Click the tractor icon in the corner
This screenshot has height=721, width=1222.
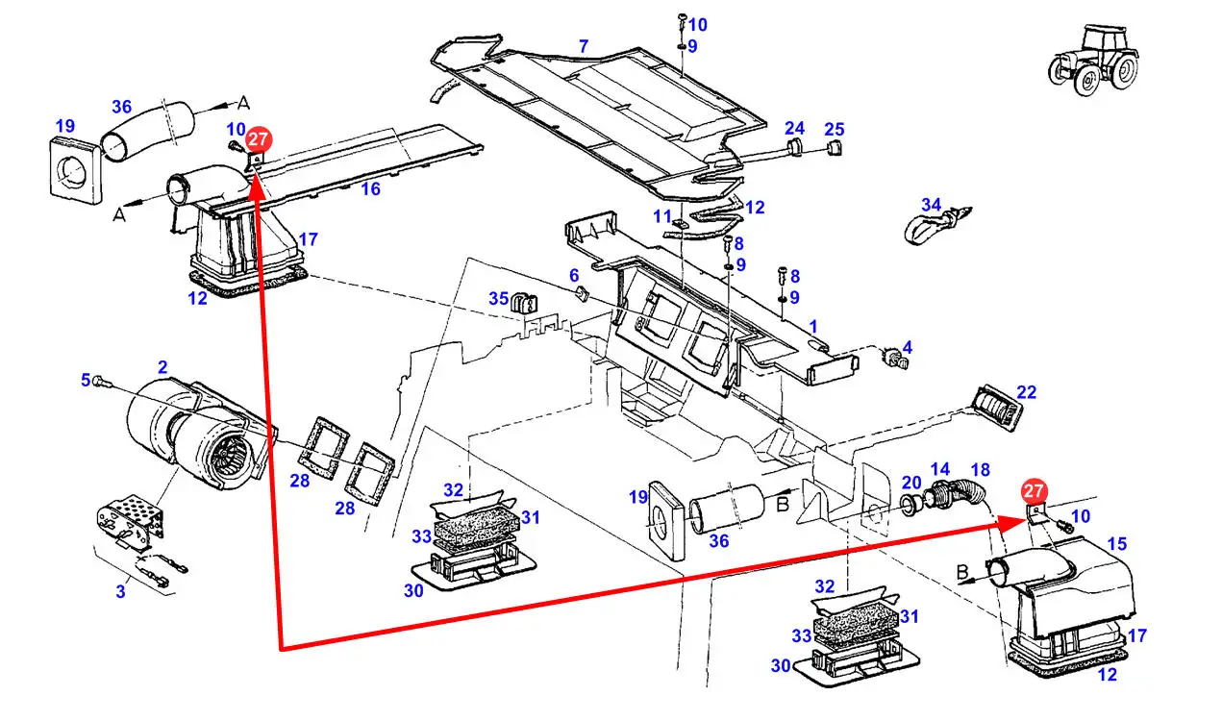coord(1093,60)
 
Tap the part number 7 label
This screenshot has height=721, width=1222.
coord(584,46)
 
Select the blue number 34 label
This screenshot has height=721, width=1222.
coord(932,205)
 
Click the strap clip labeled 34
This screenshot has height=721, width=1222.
coord(937,225)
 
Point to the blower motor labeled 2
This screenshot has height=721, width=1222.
coord(201,434)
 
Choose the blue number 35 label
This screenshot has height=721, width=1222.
coord(498,298)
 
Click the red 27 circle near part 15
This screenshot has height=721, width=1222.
coord(1034,491)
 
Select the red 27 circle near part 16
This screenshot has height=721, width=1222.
coord(258,139)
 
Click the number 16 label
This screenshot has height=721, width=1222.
coord(370,188)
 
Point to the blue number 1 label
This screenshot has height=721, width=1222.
coord(813,327)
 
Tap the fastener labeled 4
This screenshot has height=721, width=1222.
coord(895,358)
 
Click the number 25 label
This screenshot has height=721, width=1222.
coord(835,129)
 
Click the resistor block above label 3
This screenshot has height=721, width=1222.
coord(132,521)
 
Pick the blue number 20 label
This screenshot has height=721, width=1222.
coord(911,483)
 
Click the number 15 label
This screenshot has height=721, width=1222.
coord(1116,543)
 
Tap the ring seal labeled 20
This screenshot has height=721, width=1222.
coord(909,506)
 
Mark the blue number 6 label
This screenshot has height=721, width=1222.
coord(573,275)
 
